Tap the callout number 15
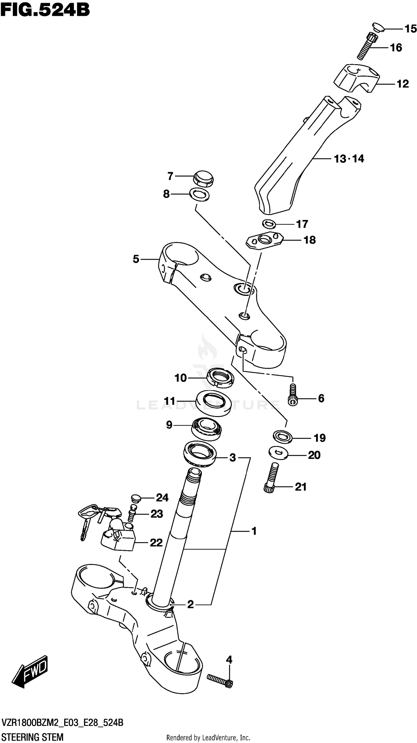pos(410,29)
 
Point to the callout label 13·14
pos(349,159)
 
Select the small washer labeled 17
pos(269,224)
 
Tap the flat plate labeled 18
pos(264,240)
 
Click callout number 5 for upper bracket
pos(136,259)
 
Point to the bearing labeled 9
pos(207,429)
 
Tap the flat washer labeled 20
pos(278,453)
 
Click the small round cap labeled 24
pos(135,498)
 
